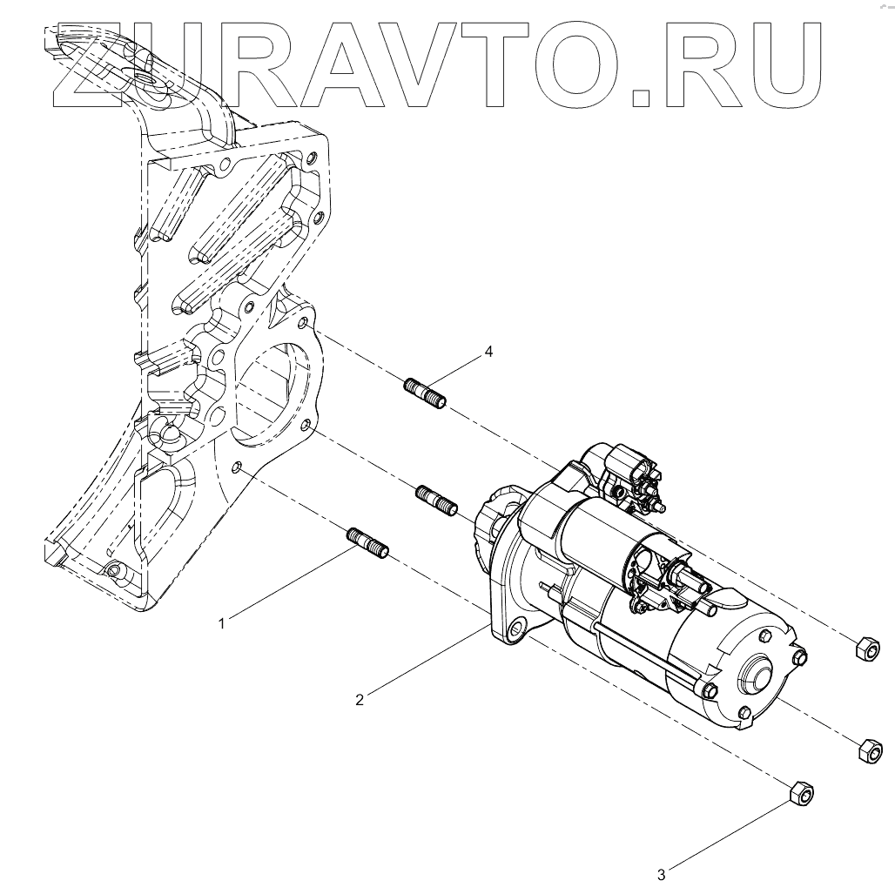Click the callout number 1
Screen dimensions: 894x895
(x=223, y=622)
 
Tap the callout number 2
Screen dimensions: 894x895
(x=359, y=698)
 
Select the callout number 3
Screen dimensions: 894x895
(x=662, y=874)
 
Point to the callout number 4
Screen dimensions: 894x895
(x=488, y=352)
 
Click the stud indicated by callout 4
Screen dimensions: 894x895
(x=427, y=393)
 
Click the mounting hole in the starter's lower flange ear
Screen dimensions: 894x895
(x=517, y=628)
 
